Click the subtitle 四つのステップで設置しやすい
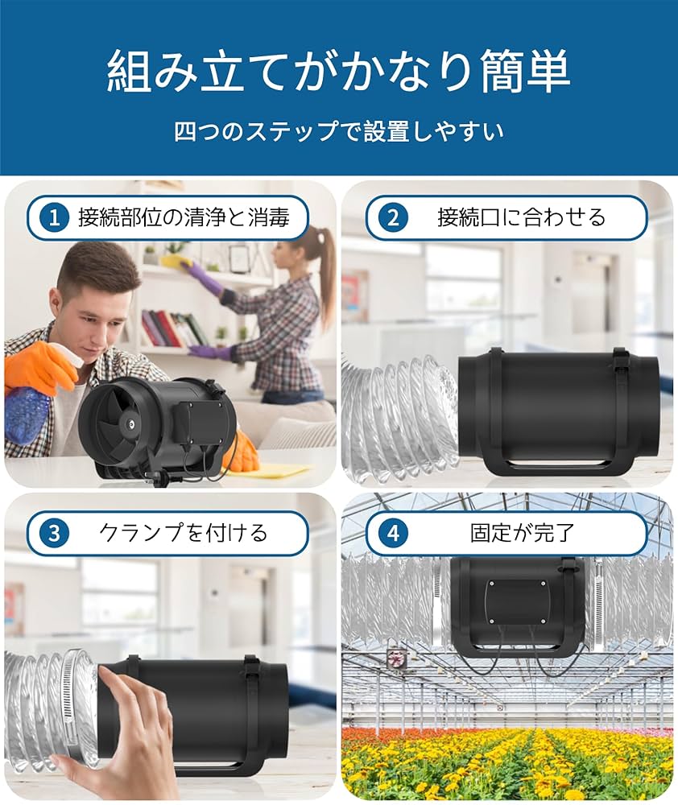(x=338, y=130)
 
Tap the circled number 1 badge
(x=54, y=217)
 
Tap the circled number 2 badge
(x=393, y=217)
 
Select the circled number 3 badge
(x=54, y=533)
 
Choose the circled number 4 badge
(x=393, y=533)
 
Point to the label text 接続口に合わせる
(x=521, y=217)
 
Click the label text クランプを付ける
(x=183, y=533)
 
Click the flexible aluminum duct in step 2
(x=399, y=419)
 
